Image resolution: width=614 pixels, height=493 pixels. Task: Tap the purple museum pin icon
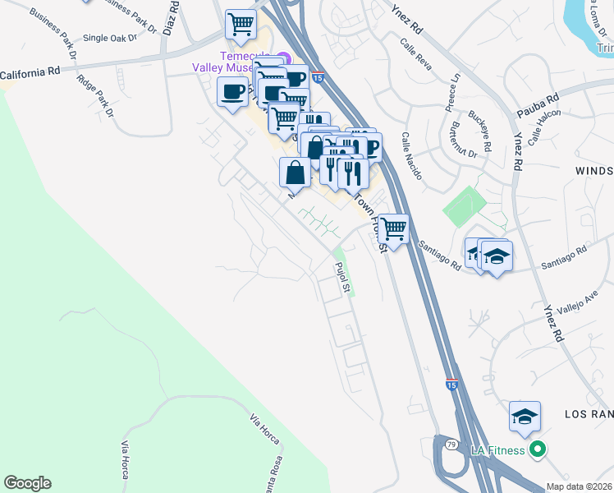tap(282, 58)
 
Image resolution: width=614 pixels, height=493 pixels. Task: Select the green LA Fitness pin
tap(537, 449)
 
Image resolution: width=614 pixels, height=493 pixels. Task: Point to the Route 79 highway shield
tap(451, 445)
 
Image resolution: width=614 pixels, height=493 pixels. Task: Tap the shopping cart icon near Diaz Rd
tap(241, 25)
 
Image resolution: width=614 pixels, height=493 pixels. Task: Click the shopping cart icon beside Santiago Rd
tap(393, 229)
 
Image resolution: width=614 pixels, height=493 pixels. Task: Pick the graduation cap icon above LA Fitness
tap(525, 417)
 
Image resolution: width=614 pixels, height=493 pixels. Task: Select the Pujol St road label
tap(344, 277)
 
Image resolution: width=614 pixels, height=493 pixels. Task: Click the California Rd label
tap(30, 75)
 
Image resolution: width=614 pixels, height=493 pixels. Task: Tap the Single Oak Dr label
tap(110, 38)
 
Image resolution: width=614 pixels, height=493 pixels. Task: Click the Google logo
tap(28, 483)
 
